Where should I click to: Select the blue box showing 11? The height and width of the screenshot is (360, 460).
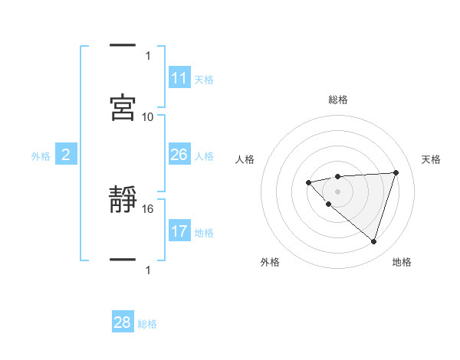pyautogui.click(x=179, y=78)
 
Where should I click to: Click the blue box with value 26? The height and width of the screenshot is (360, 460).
pyautogui.click(x=179, y=155)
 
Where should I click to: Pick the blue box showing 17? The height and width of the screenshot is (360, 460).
pyautogui.click(x=179, y=231)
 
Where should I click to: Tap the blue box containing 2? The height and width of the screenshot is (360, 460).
pyautogui.click(x=66, y=155)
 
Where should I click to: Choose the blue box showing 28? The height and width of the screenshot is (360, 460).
pyautogui.click(x=123, y=322)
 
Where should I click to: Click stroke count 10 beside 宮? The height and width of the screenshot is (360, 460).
pyautogui.click(x=148, y=116)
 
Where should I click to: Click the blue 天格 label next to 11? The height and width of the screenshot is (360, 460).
pyautogui.click(x=204, y=79)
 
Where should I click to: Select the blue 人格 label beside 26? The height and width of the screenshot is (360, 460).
pyautogui.click(x=204, y=156)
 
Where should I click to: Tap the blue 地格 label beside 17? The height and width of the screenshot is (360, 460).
pyautogui.click(x=204, y=233)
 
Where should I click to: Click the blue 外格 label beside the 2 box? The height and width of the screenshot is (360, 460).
pyautogui.click(x=41, y=156)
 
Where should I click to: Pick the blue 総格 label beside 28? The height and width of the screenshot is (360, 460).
pyautogui.click(x=147, y=324)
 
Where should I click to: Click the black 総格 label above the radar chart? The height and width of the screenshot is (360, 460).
pyautogui.click(x=337, y=100)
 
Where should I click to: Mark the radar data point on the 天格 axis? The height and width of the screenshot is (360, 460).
pyautogui.click(x=396, y=172)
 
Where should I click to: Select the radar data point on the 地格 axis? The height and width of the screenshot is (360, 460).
pyautogui.click(x=373, y=241)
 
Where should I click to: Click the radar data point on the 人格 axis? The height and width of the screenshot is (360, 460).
pyautogui.click(x=308, y=182)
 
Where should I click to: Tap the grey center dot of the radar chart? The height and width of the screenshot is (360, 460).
pyautogui.click(x=337, y=191)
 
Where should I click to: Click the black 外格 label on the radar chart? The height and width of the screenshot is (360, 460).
pyautogui.click(x=271, y=262)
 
